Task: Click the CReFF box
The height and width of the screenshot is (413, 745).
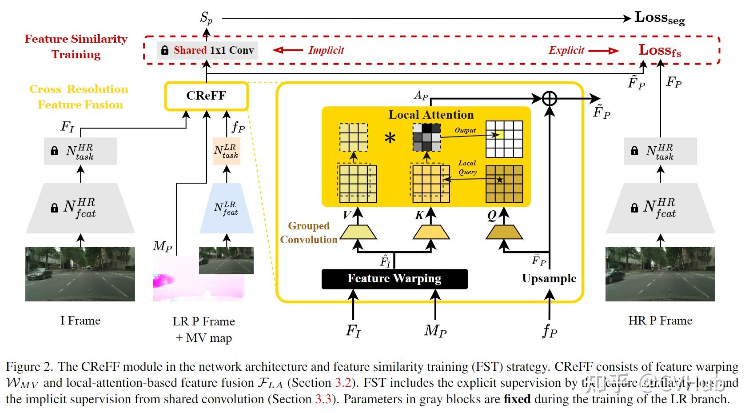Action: [x=206, y=96]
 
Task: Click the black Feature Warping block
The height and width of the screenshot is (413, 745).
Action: [x=394, y=279]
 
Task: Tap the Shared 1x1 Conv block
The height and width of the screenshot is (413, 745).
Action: [x=208, y=50]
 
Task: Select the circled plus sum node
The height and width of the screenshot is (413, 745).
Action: [x=550, y=98]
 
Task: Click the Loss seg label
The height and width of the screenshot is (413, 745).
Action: [x=659, y=18]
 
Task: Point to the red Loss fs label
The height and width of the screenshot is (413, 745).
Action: [x=659, y=50]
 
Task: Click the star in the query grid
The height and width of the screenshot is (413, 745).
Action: [x=500, y=180]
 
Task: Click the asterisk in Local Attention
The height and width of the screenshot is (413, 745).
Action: [x=390, y=139]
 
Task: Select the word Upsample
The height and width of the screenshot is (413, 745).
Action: [x=549, y=278]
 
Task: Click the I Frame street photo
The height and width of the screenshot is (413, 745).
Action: [x=80, y=274]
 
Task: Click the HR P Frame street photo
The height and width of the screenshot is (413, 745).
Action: [x=660, y=274]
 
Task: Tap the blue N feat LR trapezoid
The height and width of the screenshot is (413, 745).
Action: [x=227, y=209]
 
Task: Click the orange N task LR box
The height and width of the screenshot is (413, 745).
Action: [x=227, y=151]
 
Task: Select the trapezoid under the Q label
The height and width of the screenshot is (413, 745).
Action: [x=504, y=232]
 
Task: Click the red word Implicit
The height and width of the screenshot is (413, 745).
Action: [x=326, y=50]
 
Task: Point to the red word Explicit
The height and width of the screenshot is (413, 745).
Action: [x=566, y=50]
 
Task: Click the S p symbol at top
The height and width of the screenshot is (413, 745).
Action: [x=206, y=18]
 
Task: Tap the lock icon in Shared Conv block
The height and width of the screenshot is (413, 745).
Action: [x=165, y=50]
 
